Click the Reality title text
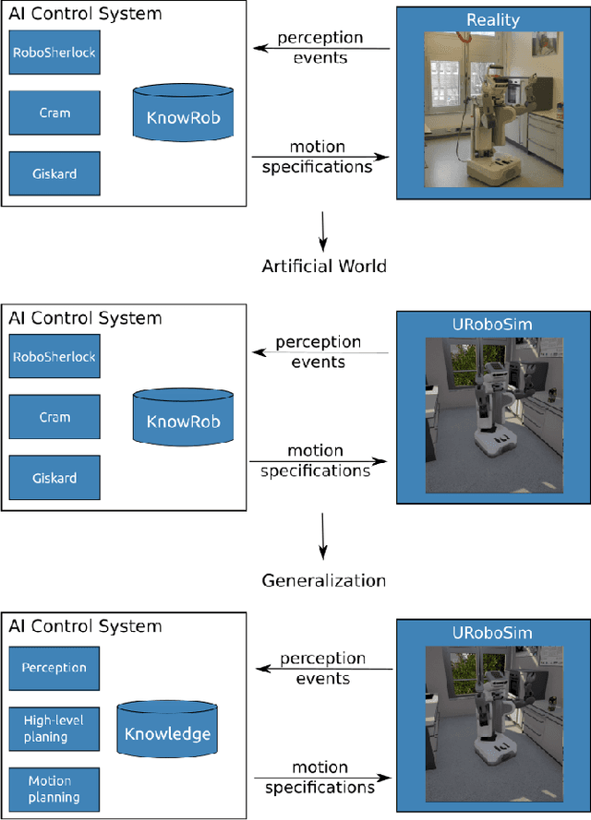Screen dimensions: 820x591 [x=493, y=19]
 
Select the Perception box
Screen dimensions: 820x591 [x=54, y=668]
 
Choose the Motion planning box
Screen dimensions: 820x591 [x=54, y=790]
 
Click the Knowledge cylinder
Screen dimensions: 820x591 [x=168, y=733]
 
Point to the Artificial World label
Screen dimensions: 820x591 [x=323, y=267]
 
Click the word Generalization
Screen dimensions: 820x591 [x=323, y=580]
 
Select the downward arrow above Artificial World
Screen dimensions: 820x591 [x=323, y=231]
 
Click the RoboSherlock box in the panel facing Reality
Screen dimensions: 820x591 [x=54, y=53]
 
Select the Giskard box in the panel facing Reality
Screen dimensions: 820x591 [x=54, y=172]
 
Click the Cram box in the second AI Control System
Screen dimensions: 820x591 [x=54, y=418]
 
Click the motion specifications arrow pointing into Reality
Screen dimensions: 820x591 [x=320, y=157]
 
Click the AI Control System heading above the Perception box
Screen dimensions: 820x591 [x=85, y=626]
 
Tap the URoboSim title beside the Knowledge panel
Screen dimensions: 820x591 [x=493, y=634]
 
